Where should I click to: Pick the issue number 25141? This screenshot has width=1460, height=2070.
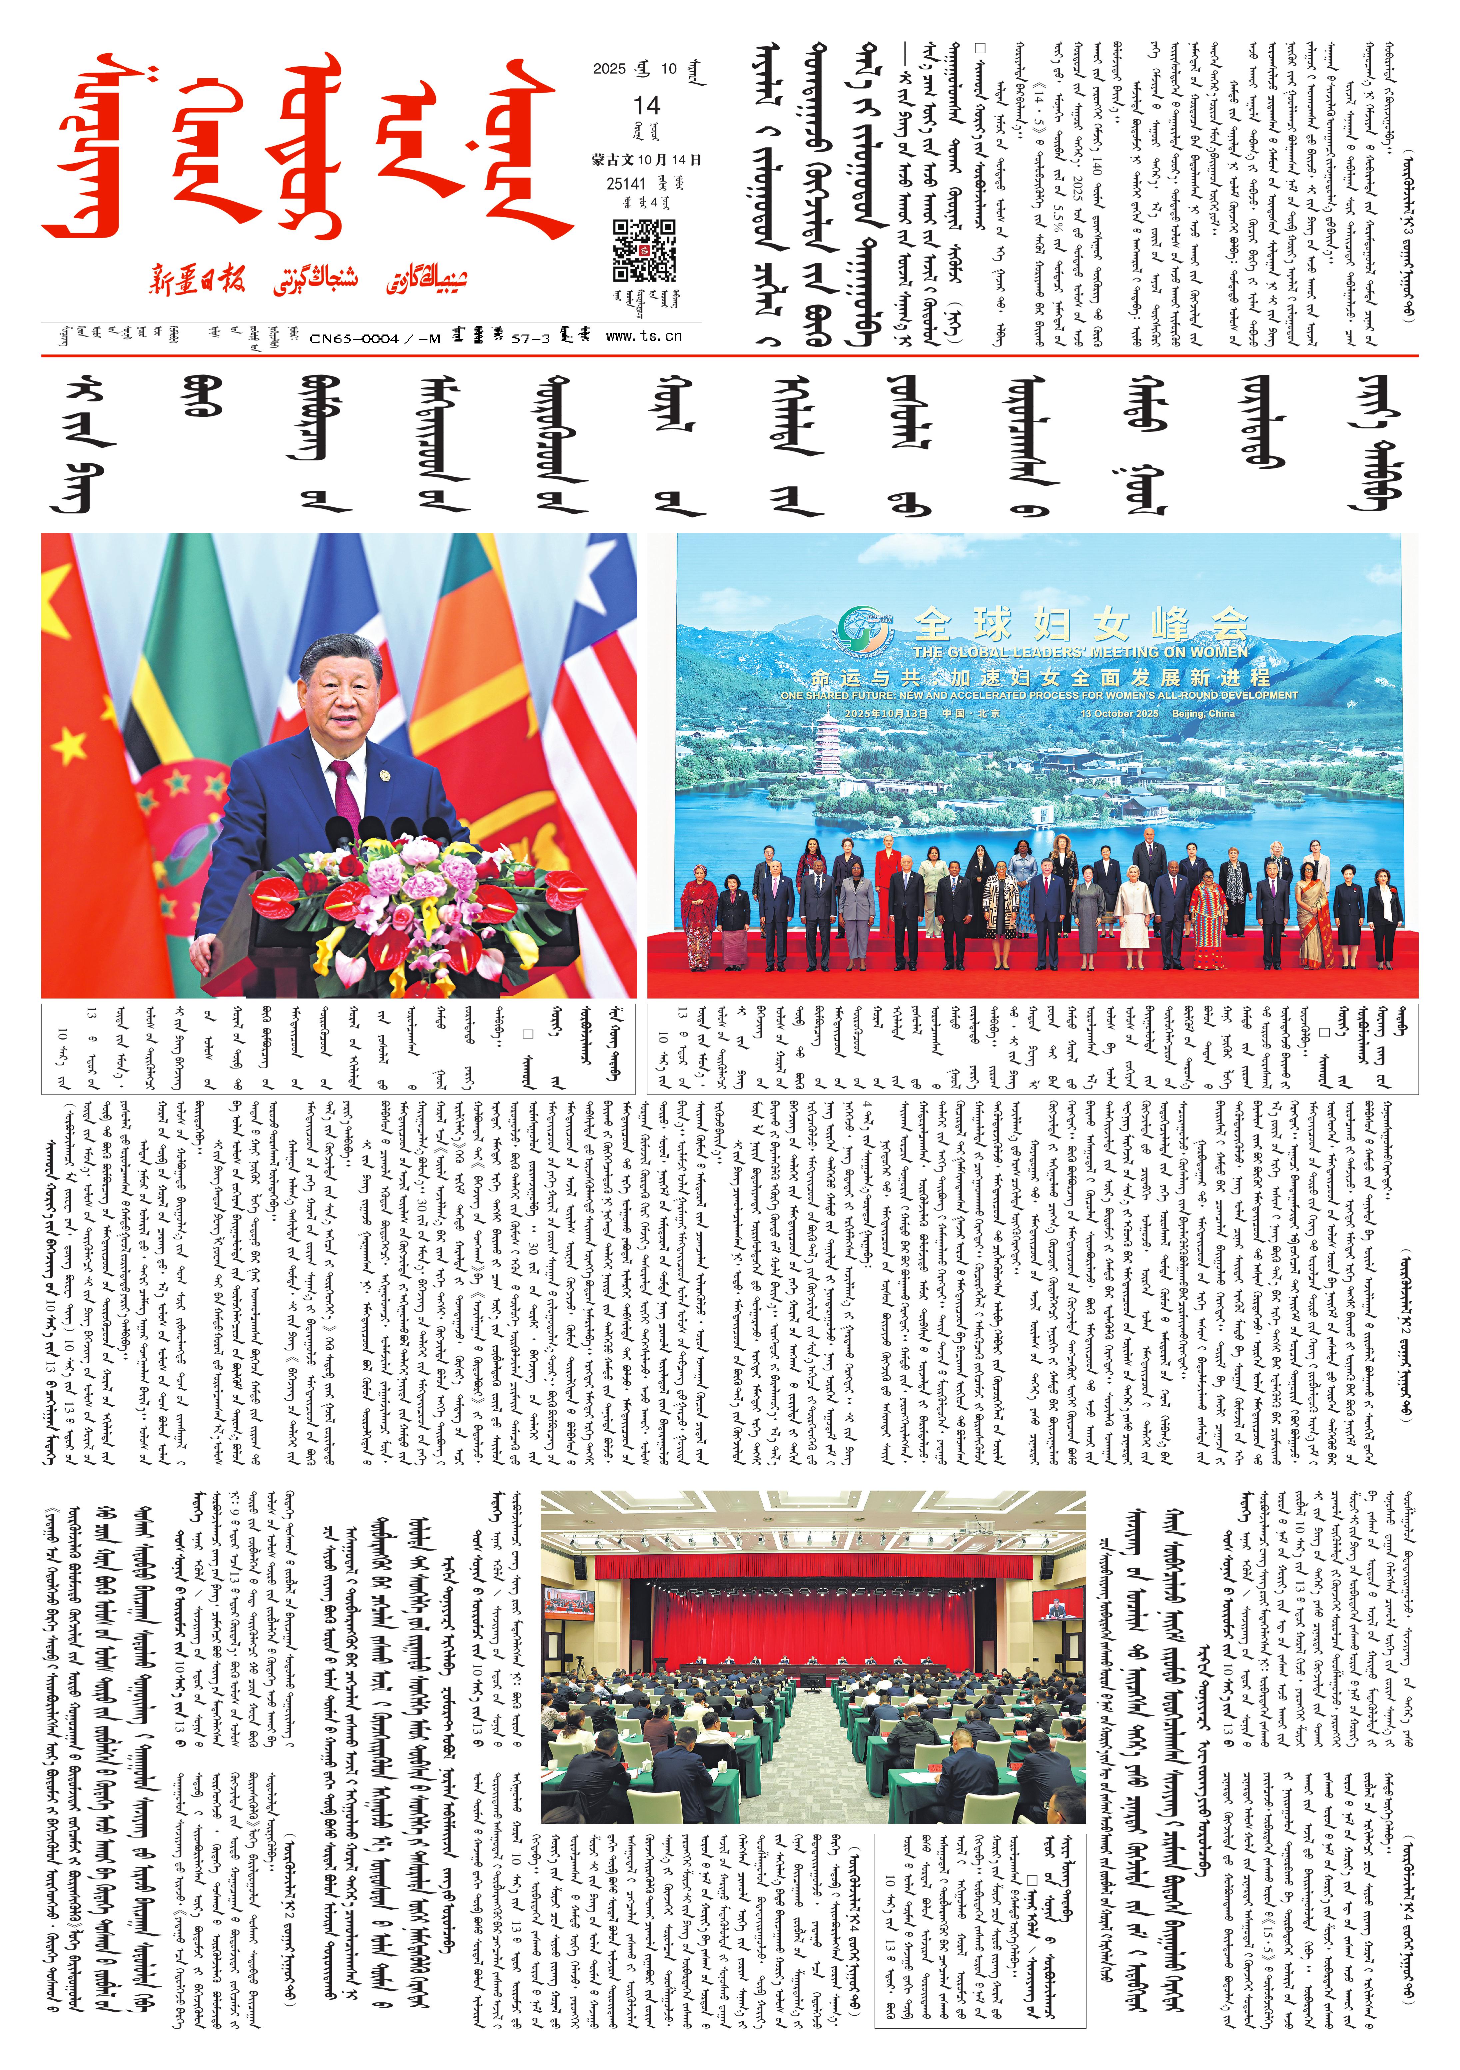point(628,183)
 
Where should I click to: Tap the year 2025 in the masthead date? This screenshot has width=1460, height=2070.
point(610,69)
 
